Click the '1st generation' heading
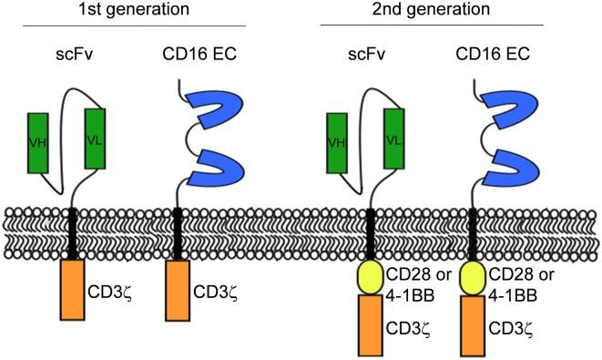tap(138, 11)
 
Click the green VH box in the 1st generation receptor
tap(38, 139)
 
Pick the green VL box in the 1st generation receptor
tap(96, 138)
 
